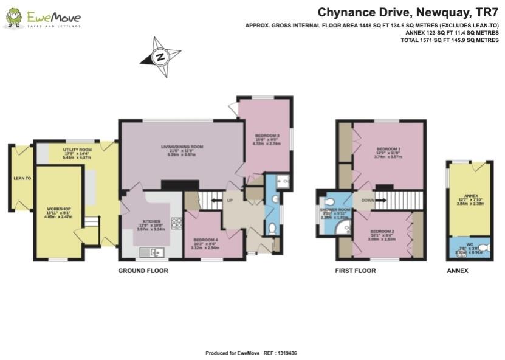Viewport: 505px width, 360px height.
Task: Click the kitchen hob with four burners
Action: point(177,223)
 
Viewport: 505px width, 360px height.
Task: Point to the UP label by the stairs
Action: point(229,200)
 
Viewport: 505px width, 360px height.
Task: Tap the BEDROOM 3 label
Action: point(267,135)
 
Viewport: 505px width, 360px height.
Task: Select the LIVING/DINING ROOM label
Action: point(182,147)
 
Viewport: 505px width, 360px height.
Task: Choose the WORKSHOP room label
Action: point(59,209)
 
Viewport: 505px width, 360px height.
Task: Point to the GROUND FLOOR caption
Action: point(143,271)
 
